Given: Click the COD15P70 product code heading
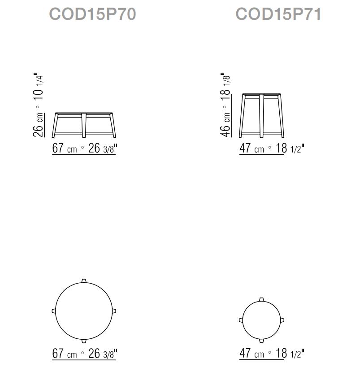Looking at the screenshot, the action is (92, 14).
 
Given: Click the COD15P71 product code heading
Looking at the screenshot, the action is (278, 14).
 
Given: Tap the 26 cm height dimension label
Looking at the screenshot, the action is (38, 125).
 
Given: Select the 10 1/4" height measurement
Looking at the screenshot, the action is (39, 86).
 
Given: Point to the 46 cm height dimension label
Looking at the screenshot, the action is (225, 125).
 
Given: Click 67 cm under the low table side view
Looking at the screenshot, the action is (65, 148).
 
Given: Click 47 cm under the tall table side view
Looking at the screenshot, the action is (252, 148).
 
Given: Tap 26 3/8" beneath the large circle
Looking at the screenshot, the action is (103, 354).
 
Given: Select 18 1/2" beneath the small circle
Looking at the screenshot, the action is (290, 354).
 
